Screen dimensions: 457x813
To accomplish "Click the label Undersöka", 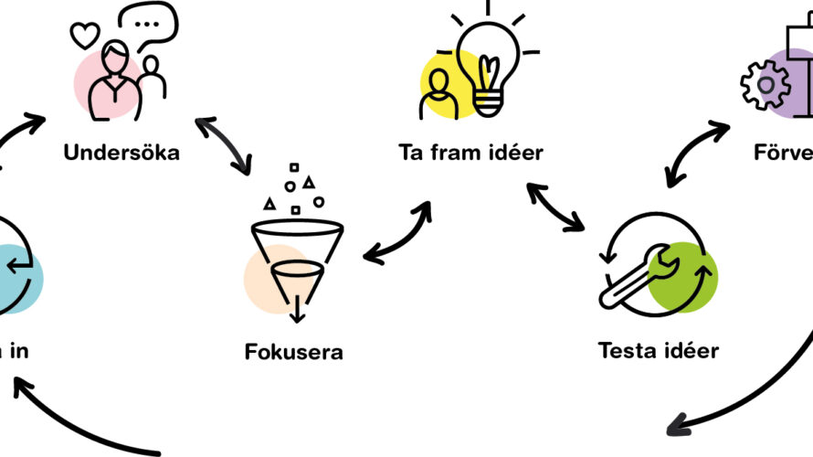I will [121, 152].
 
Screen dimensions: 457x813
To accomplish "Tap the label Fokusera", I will [294, 350].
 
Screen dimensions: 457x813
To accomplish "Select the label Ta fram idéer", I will [470, 152].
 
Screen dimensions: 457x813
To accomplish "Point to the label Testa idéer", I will [658, 350].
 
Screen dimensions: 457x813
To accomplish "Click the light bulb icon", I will [487, 59].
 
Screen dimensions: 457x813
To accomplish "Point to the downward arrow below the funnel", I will [296, 312].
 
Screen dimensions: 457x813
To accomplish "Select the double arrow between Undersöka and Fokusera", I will [223, 144].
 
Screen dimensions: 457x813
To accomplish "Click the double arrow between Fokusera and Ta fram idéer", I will [397, 233].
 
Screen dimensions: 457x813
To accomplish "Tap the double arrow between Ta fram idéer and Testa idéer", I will [555, 207].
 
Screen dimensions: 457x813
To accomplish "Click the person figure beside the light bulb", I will [438, 94].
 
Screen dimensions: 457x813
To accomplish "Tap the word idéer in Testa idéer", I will [686, 350].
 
